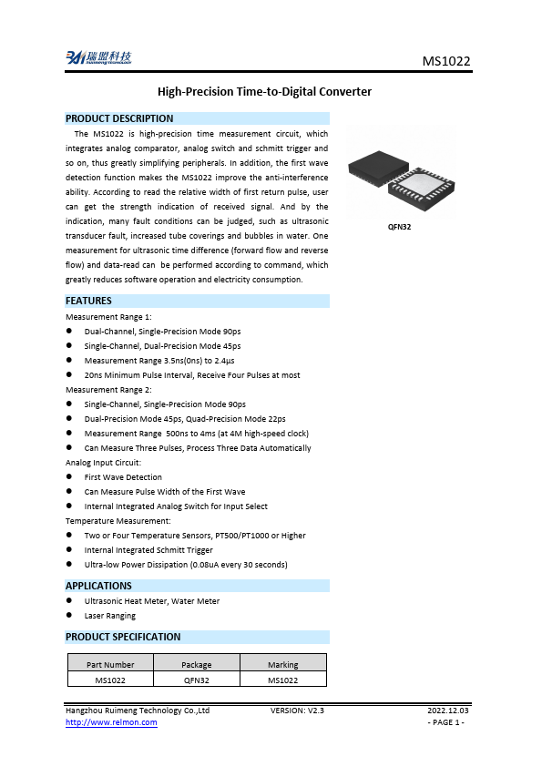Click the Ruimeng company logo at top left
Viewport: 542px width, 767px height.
click(x=98, y=57)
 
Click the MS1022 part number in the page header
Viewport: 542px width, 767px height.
click(x=446, y=61)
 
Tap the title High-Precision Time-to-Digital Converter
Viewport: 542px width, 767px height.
click(x=265, y=92)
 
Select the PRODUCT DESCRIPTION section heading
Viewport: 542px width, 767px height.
click(x=119, y=118)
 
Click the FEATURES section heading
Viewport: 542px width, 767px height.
click(x=89, y=301)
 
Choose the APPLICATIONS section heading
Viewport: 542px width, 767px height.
click(x=99, y=586)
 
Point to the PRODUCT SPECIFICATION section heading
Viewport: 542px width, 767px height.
click(x=123, y=637)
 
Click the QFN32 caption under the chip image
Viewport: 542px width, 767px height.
click(x=400, y=226)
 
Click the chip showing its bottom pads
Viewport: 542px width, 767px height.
click(x=423, y=195)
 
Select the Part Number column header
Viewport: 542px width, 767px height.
click(x=110, y=665)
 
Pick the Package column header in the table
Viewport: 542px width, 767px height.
click(x=196, y=665)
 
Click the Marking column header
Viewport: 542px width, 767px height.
click(x=282, y=665)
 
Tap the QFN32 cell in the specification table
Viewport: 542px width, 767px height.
click(x=196, y=680)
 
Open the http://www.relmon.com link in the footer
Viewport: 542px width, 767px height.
click(x=111, y=722)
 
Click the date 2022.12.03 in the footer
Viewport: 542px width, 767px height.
click(x=448, y=709)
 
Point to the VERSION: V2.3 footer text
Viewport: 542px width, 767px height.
click(x=298, y=709)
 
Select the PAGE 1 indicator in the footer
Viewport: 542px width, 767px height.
click(x=446, y=722)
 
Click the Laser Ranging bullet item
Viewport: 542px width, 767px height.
click(x=110, y=616)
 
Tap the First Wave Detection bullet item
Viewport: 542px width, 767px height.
click(x=123, y=477)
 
